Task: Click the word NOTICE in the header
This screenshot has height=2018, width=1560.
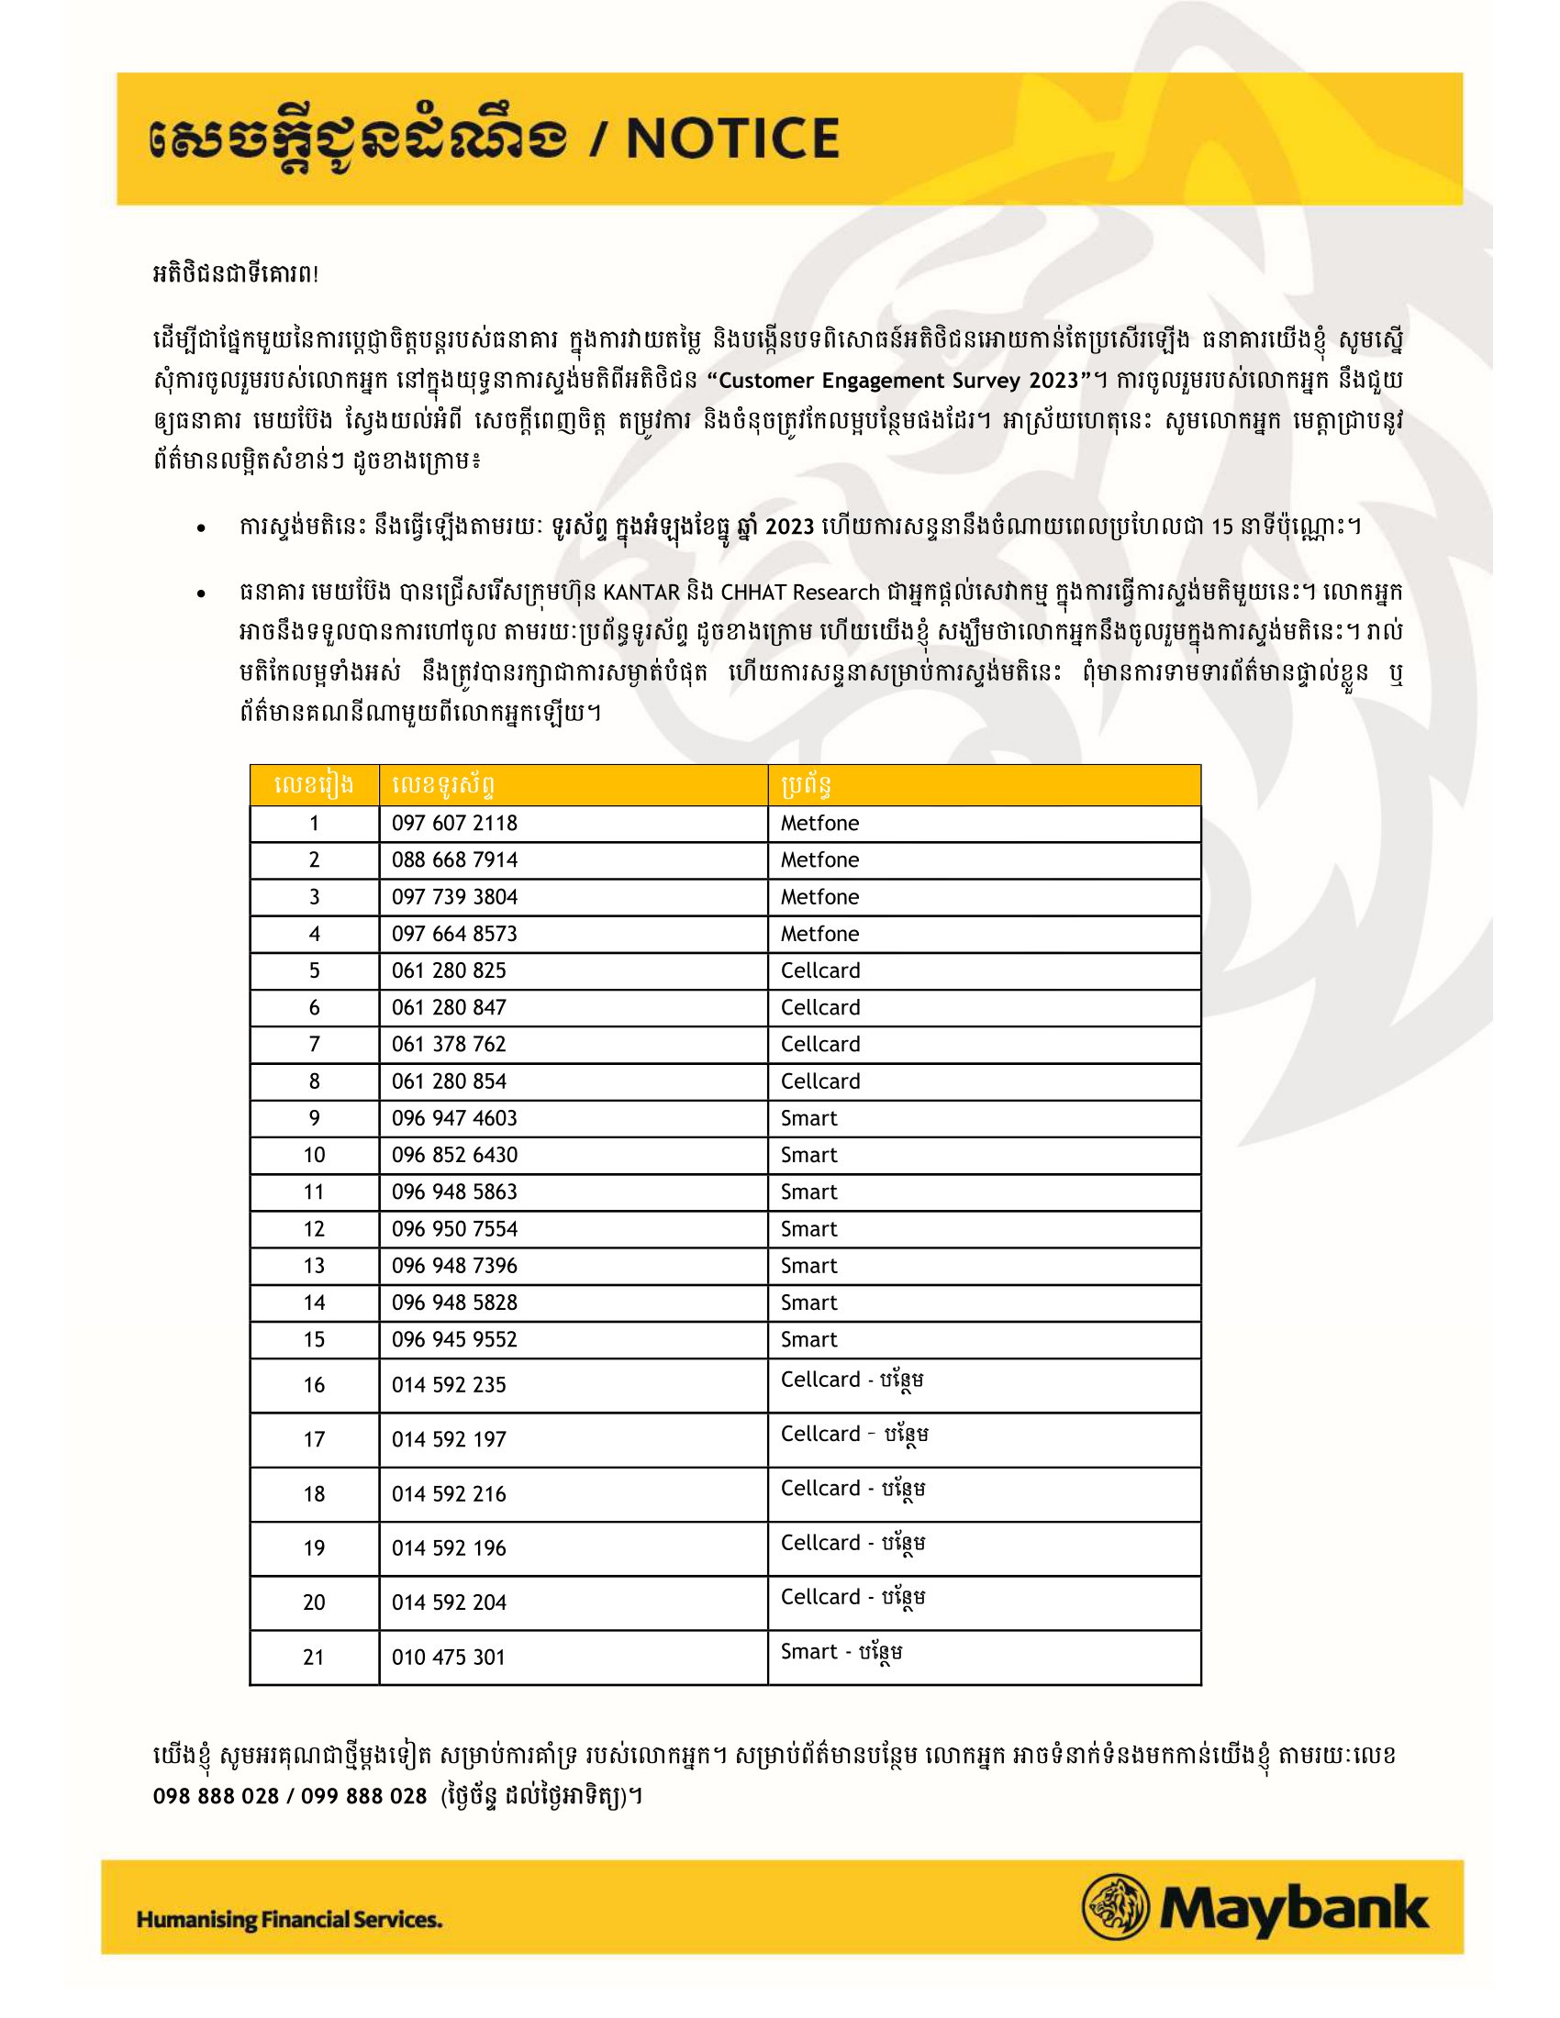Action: [733, 139]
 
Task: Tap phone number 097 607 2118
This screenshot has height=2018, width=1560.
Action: [453, 824]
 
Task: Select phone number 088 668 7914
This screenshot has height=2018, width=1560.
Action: [453, 860]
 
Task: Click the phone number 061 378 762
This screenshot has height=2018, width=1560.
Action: [448, 1044]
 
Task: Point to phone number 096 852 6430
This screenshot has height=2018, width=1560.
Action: [453, 1155]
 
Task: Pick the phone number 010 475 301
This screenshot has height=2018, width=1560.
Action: [448, 1658]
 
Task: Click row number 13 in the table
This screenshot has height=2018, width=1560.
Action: [314, 1266]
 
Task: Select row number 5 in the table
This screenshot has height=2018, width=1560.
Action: [314, 971]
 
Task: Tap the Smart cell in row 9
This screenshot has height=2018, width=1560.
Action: [808, 1118]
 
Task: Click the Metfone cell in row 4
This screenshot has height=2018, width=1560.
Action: [819, 934]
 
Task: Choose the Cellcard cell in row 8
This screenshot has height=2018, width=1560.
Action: [819, 1081]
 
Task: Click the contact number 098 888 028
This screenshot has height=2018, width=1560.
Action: [216, 1796]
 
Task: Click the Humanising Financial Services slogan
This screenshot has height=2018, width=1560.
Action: [289, 1920]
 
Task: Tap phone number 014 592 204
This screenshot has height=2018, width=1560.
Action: [448, 1603]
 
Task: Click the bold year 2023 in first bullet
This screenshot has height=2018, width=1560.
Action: [789, 527]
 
